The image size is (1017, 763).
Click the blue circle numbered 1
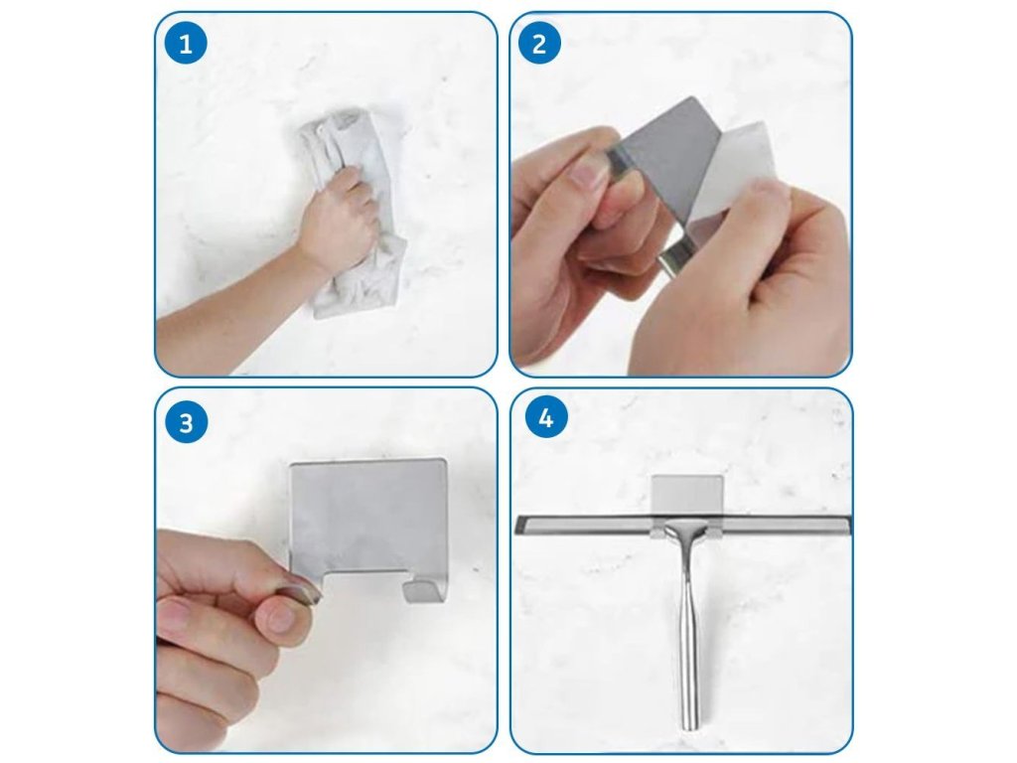(186, 44)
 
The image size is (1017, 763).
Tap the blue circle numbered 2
(539, 43)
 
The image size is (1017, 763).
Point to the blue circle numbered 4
(545, 417)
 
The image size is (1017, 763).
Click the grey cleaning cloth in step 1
(354, 215)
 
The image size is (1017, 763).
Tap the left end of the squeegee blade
(518, 525)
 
